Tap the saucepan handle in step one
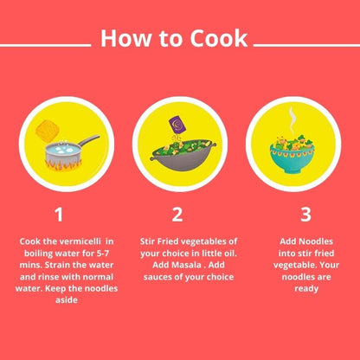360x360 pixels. tap(86, 141)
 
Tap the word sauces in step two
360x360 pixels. tap(157, 276)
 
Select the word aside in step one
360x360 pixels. tap(59, 300)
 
